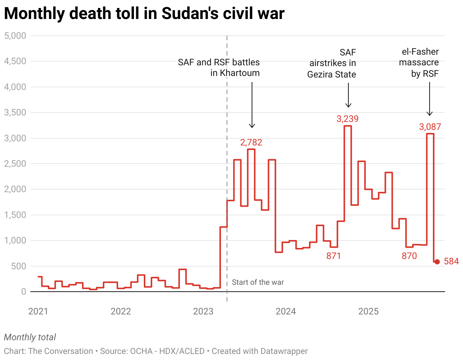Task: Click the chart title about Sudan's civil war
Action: coord(144,14)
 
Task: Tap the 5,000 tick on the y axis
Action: coord(14,36)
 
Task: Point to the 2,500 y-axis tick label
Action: coord(14,164)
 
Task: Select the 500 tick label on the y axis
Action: coord(19,266)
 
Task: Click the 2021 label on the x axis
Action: coord(38,311)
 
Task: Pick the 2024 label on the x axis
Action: coord(286,311)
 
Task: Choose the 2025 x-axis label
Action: coord(369,311)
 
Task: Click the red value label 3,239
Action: coord(347,119)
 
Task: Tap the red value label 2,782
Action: coord(251,142)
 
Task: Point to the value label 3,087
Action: coord(430,127)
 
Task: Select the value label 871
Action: coord(334,256)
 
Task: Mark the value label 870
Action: coord(409,256)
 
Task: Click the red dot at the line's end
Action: coord(437,262)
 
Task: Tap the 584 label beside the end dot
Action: coord(451,261)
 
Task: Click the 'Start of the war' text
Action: coord(258,282)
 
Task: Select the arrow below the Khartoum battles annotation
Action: coord(252,104)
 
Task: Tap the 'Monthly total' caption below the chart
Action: coord(30,337)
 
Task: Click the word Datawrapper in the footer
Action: coord(284,351)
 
